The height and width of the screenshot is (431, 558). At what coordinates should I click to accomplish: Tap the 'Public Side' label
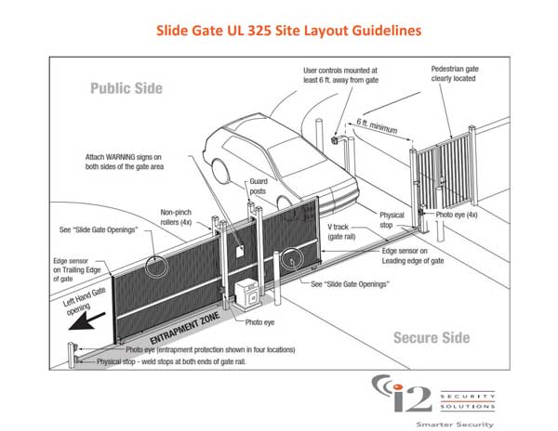pyautogui.click(x=126, y=89)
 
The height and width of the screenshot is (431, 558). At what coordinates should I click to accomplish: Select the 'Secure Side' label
pyautogui.click(x=430, y=337)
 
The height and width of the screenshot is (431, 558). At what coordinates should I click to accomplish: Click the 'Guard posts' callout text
pyautogui.click(x=257, y=186)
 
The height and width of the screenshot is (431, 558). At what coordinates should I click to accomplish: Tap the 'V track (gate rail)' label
pyautogui.click(x=352, y=233)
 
